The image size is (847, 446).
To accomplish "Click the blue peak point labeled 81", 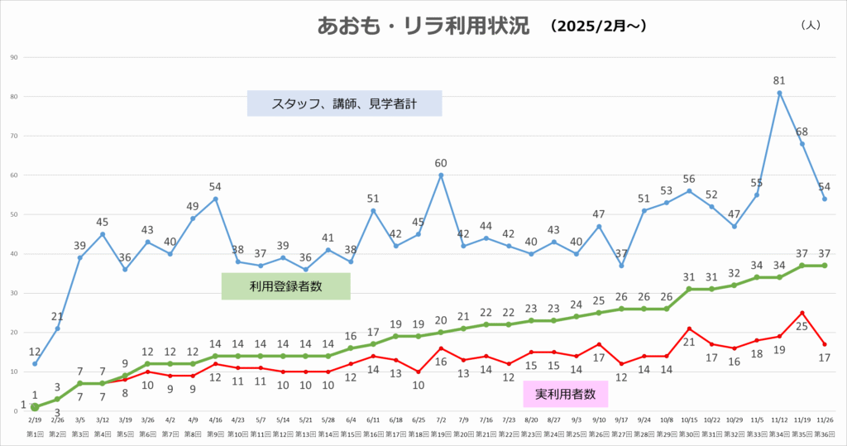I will [779, 93].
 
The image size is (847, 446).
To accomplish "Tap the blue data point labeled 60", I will [442, 175].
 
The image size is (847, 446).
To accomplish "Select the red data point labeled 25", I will [802, 313].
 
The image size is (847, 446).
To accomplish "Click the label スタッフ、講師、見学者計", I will [344, 103].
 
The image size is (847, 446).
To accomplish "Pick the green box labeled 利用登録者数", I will [285, 286].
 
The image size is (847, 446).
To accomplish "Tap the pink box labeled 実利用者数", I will [566, 395].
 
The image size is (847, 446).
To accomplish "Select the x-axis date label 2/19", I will [35, 420].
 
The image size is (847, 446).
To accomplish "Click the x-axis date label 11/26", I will [825, 420].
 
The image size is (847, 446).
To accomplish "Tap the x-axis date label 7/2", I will [442, 420].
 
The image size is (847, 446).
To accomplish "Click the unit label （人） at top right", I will [810, 25].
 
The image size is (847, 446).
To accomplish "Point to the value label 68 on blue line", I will [802, 132].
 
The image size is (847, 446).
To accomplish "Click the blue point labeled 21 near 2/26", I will [58, 329].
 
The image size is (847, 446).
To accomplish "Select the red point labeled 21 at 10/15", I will [689, 329].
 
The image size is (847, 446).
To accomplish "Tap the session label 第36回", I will [825, 433].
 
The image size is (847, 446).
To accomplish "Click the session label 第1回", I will [35, 433].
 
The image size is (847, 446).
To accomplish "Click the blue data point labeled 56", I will [689, 190].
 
